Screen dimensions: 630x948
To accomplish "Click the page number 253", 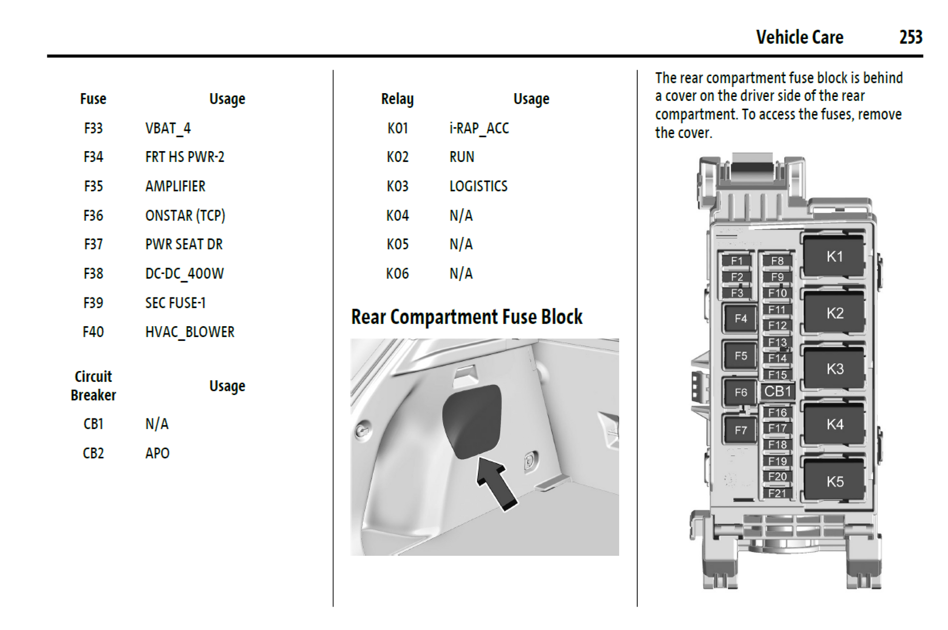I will pos(910,37).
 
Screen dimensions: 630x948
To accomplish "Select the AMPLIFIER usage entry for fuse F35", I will pos(175,186).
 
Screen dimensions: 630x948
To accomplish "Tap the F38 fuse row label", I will pos(93,274).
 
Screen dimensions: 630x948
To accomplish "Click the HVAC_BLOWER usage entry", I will pos(190,332).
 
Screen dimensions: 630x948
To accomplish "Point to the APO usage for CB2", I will pos(157,453).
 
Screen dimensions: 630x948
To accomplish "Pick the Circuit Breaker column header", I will pos(93,386).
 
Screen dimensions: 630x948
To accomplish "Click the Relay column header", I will pos(397,99).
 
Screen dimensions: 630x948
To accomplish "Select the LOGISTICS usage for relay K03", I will pos(478,186).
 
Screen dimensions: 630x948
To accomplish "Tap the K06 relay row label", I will pos(397,274).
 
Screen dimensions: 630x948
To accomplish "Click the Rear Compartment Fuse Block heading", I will pos(466,317).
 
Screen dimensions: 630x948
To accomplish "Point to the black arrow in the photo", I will pos(496,483).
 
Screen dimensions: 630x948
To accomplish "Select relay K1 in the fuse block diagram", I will pos(834,256).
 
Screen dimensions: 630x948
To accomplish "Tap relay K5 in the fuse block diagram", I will pos(834,482).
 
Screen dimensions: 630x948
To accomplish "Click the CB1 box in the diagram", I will pos(777,391).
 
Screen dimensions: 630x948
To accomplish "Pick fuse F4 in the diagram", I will pos(740,318).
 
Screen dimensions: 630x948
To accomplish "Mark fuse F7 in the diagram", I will pos(740,430).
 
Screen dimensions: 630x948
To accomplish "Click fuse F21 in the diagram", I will pos(777,493).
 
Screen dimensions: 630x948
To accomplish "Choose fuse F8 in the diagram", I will pos(777,261).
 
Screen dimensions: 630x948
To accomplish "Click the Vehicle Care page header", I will pos(799,37).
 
